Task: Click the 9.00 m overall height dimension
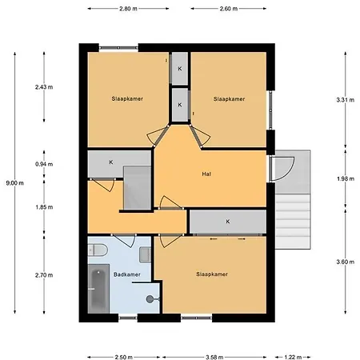pos(15,183)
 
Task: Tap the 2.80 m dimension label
pos(128,9)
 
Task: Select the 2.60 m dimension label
pos(229,9)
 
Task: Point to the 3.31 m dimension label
pos(346,100)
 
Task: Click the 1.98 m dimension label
pos(346,178)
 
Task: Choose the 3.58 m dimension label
pos(214,357)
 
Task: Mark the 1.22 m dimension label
pos(293,357)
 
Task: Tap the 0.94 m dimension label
pos(44,164)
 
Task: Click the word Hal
pos(206,174)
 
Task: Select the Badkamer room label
pos(127,274)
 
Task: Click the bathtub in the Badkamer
pos(98,289)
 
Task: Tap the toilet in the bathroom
pos(98,250)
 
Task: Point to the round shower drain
pos(150,299)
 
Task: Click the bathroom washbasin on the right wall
pos(146,254)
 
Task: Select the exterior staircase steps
pos(293,222)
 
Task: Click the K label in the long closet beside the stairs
pos(228,222)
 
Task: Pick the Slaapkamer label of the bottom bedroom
pos(212,274)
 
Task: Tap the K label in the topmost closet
pos(180,69)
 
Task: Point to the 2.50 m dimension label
pos(124,357)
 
